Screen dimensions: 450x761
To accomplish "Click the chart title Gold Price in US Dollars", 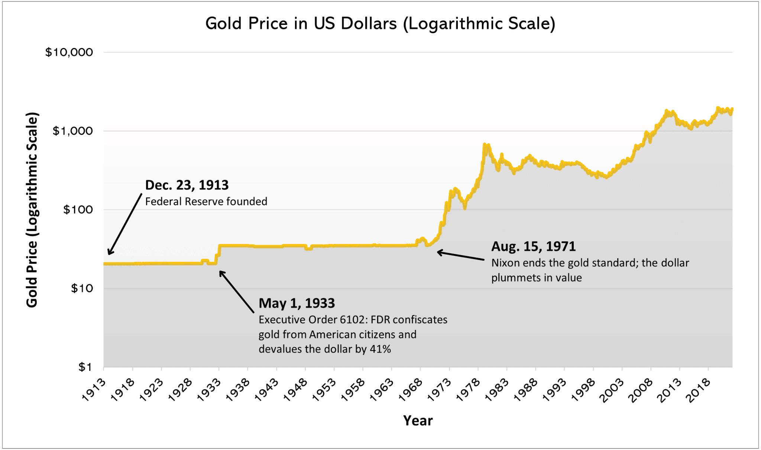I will coord(380,23).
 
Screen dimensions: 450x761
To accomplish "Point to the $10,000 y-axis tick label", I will coord(69,52).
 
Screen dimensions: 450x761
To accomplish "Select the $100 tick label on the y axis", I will coord(78,210).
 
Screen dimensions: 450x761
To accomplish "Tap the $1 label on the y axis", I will coord(85,367).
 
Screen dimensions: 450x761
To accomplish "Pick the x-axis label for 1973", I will coord(439,390).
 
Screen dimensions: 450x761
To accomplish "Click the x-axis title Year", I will coord(418,421).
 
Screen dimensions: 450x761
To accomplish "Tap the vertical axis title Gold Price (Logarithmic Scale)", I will coord(32,210).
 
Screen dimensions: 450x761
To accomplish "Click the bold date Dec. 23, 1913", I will coord(187,185).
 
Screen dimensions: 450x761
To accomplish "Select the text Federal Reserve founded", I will coord(206,202).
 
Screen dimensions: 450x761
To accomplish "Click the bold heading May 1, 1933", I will coord(297,303).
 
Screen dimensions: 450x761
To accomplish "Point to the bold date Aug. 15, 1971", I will coord(533,246).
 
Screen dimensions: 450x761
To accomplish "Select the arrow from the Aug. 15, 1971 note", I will coord(461,256).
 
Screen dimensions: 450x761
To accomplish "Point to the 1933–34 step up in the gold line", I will coord(218,251).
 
